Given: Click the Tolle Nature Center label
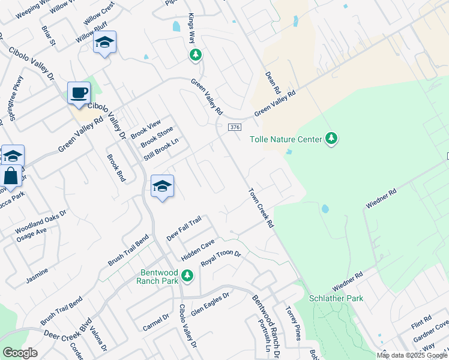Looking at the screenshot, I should pos(287,139).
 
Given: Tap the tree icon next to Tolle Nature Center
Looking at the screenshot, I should pos(331,139).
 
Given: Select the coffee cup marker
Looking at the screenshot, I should pos(79,93).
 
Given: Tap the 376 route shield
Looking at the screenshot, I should pos(235,127).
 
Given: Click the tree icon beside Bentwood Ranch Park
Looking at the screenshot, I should pos(188,275).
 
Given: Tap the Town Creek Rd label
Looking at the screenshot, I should pos(262,208).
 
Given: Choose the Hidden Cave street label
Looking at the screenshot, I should pos(198,249).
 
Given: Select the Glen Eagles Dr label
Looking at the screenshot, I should pos(210,304).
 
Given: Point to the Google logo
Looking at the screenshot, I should pos(20,353).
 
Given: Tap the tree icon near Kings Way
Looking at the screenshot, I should pos(195,55).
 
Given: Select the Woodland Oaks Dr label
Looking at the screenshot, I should pos(41,221).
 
